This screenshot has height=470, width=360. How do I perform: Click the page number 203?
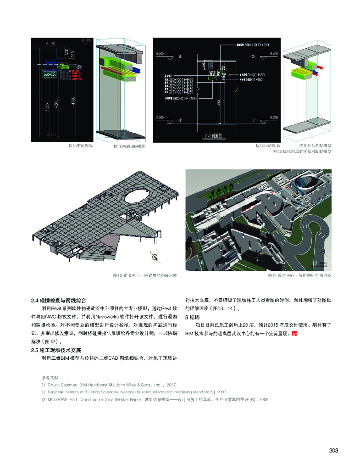[333, 451]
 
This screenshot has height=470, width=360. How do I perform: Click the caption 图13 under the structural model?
[144, 275]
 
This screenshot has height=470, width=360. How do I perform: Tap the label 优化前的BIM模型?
[129, 146]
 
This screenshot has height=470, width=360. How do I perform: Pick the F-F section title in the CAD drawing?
[213, 136]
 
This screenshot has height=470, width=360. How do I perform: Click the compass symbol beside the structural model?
[156, 257]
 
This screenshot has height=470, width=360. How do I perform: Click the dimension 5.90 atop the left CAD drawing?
[50, 44]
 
